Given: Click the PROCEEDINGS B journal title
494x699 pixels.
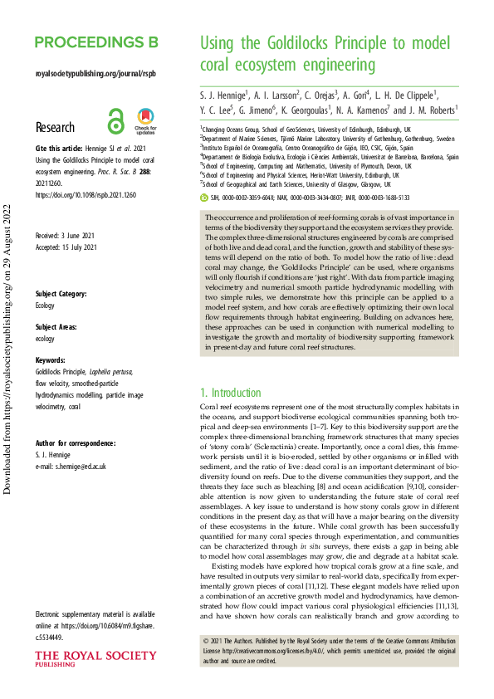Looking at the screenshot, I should (96, 43).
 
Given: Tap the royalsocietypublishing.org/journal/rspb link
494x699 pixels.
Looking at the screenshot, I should (95, 73).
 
